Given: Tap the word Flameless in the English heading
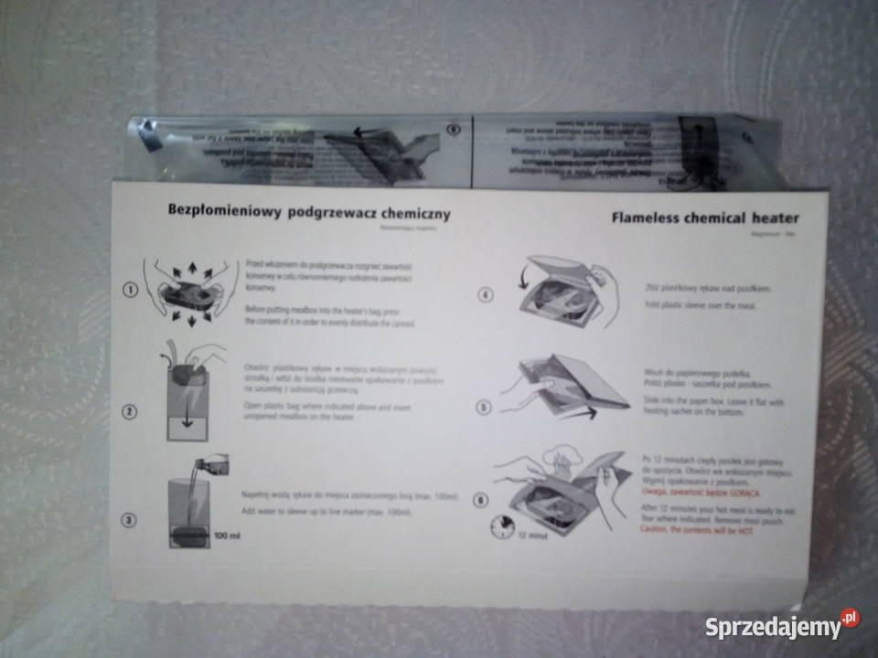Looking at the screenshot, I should (649, 218).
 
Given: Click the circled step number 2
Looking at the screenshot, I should (130, 411).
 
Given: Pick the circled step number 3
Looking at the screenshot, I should (130, 520).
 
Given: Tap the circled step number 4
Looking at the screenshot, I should (485, 294).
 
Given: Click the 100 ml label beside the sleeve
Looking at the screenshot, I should (227, 534).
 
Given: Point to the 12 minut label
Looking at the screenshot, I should (531, 536).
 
